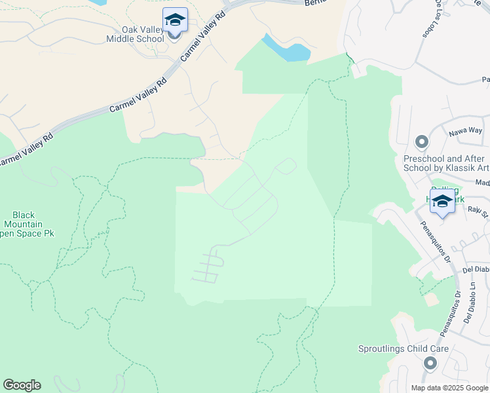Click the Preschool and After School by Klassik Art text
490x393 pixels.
(x=445, y=163)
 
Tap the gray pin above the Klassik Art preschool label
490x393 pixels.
(x=421, y=141)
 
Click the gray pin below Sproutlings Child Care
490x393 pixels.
(x=430, y=363)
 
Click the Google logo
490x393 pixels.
(x=22, y=385)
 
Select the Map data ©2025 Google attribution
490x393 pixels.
(x=449, y=387)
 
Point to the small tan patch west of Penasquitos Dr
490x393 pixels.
(x=431, y=299)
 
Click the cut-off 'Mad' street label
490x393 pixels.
(x=483, y=183)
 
